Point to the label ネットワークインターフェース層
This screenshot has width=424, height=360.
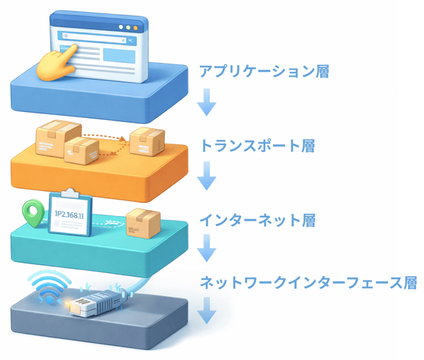click(308, 283)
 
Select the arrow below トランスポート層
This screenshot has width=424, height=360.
click(208, 175)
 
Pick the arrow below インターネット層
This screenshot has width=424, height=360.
click(208, 249)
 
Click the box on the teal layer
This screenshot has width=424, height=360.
click(143, 223)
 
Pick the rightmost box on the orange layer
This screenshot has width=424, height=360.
click(147, 141)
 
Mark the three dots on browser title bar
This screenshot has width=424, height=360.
click(128, 28)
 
